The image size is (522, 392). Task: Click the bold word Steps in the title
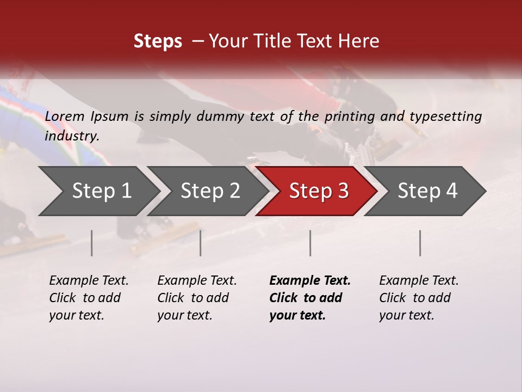click(158, 41)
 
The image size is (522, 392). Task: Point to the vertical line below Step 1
click(92, 243)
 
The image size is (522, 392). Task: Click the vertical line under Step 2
click(201, 243)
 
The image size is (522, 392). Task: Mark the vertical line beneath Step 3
click(310, 243)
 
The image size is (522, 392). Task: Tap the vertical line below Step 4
click(420, 243)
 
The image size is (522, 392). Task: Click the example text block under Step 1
click(89, 298)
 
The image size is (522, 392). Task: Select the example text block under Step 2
click(197, 298)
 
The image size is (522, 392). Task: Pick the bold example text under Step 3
click(310, 298)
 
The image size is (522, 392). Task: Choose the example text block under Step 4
click(419, 298)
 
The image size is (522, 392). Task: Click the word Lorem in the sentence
click(64, 117)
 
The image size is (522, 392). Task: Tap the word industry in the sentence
click(72, 136)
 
